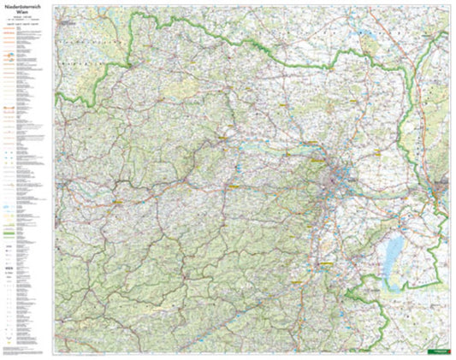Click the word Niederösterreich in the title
coord(26,8)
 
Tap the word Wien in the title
coord(26,15)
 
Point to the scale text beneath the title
coord(26,21)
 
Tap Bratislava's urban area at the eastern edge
coord(441,187)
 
